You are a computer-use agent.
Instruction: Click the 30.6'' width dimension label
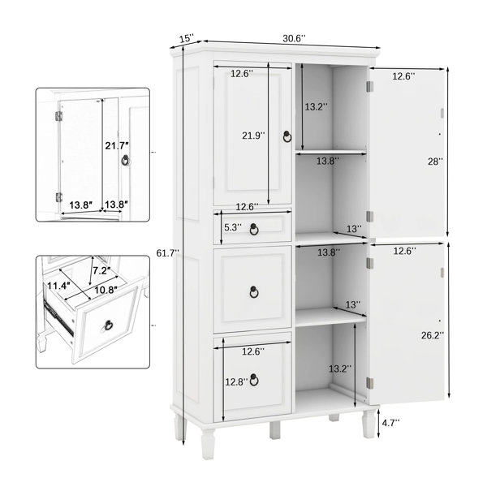294,39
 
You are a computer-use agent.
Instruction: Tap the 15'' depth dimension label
187,38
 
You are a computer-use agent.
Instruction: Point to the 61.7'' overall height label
168,253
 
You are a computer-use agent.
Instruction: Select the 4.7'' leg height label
390,423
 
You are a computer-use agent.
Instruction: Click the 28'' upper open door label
435,162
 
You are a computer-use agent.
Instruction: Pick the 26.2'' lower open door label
433,335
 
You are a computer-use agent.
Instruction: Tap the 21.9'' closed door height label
254,136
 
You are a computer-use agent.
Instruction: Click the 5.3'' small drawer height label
233,227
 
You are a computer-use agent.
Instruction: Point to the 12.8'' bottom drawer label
237,382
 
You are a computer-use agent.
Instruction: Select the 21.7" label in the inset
117,145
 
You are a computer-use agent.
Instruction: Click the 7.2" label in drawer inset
102,271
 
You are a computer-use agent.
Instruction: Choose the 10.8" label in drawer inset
106,290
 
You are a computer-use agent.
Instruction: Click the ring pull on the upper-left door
287,136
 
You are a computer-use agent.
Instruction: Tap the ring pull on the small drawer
254,229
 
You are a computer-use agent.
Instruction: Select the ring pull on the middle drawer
254,292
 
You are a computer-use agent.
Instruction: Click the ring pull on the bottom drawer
254,380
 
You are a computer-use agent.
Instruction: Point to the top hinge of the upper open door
369,87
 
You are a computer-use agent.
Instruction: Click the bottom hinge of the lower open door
369,383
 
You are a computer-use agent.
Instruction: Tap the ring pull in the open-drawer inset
109,325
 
